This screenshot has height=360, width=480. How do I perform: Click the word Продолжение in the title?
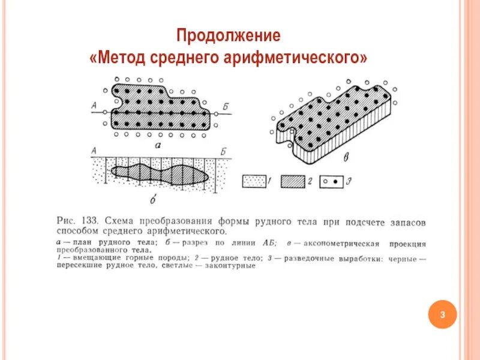click(228, 35)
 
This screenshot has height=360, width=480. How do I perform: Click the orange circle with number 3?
click(443, 314)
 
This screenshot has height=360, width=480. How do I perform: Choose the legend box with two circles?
click(331, 181)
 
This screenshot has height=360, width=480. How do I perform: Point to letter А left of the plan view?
click(94, 106)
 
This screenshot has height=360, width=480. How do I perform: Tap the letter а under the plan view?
click(157, 144)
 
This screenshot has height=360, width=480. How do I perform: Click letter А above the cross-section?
click(94, 151)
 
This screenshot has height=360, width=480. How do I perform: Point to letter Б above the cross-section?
click(222, 151)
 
